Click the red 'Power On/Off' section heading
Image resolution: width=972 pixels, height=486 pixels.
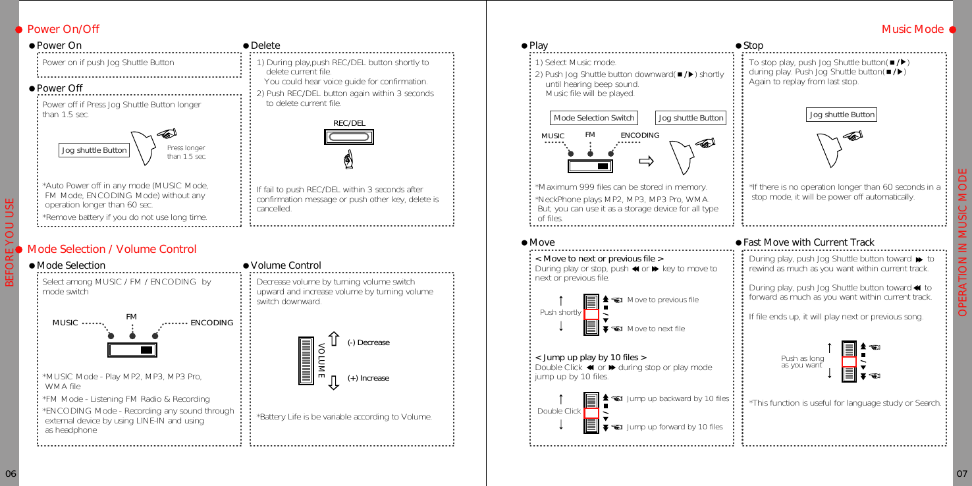point(63,30)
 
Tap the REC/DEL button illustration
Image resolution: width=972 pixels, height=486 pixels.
point(349,137)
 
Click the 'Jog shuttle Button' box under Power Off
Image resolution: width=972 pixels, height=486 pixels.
point(94,150)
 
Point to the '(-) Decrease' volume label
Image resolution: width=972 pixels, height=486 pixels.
point(368,343)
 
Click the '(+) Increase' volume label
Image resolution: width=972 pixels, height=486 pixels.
point(368,379)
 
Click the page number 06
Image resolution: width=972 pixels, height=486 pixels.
point(10,474)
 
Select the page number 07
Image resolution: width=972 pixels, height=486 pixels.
point(962,474)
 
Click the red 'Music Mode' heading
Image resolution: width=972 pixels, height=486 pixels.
point(912,30)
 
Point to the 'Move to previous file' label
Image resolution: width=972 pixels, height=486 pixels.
point(662,300)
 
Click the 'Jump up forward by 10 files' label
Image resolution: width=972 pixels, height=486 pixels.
point(674,427)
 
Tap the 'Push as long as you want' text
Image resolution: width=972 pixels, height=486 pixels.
point(802,362)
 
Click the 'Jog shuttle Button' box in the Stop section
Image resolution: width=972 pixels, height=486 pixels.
point(842,115)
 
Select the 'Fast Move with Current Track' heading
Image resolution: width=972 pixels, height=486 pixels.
point(809,243)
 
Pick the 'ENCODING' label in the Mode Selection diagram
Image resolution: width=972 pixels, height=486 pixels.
point(211,323)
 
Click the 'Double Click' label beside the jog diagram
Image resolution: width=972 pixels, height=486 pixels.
point(559,412)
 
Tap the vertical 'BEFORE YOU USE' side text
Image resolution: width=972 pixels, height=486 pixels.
point(10,243)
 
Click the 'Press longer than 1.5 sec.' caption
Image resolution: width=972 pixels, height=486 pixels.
point(186,153)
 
